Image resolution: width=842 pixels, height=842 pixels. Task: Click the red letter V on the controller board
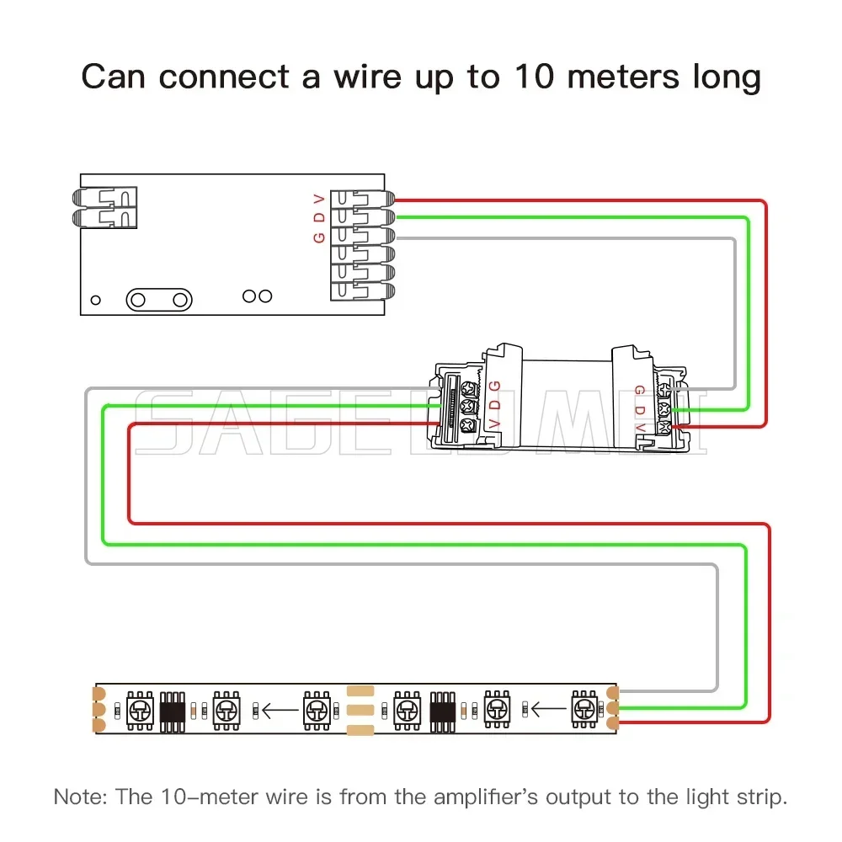pyautogui.click(x=318, y=199)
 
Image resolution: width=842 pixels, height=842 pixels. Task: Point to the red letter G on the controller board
pyautogui.click(x=318, y=237)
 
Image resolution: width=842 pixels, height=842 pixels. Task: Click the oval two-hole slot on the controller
pyautogui.click(x=157, y=299)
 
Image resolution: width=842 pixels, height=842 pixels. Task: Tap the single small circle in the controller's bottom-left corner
pyautogui.click(x=96, y=299)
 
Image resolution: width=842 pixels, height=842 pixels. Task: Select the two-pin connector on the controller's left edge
pyautogui.click(x=104, y=207)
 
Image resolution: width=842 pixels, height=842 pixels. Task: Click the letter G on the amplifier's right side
pyautogui.click(x=639, y=390)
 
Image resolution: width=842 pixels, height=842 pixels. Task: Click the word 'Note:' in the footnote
pyautogui.click(x=78, y=796)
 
